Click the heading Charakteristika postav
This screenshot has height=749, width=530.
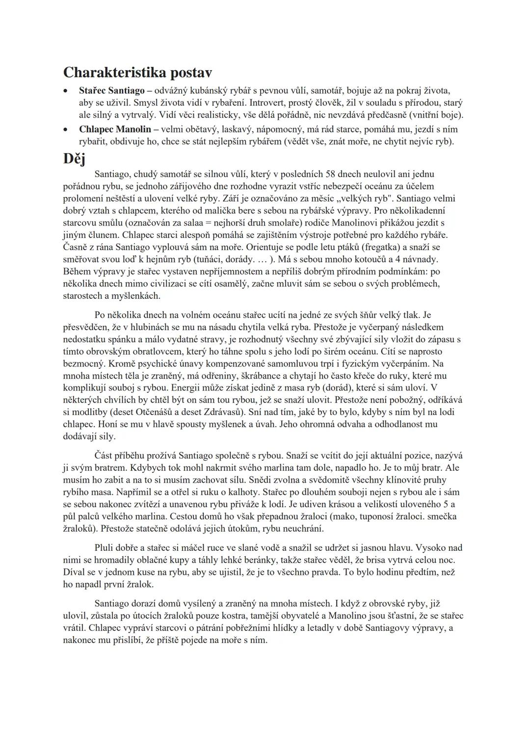pyautogui.click(x=137, y=73)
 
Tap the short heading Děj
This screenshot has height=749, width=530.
pyautogui.click(x=74, y=159)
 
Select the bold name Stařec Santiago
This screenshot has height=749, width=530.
pyautogui.click(x=111, y=91)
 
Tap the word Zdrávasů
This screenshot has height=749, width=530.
pyautogui.click(x=221, y=412)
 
